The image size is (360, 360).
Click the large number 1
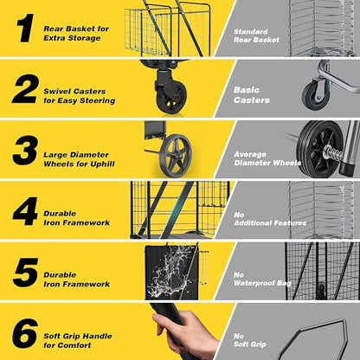click(25, 29)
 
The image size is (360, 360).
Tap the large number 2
click(25, 89)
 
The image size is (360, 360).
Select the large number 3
click(25, 151)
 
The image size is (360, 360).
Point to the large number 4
click(25, 211)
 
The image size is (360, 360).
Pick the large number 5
click(25, 273)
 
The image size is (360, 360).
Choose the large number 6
click(25, 333)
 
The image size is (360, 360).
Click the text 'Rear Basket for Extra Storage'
click(76, 33)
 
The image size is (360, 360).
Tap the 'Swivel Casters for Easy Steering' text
click(80, 96)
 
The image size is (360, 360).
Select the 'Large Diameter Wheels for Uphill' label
click(79, 159)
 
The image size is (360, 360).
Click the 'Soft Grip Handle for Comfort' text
click(78, 340)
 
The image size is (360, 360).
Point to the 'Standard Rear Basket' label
click(256, 35)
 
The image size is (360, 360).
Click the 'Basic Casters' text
click(252, 95)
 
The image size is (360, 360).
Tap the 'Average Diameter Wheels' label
click(267, 158)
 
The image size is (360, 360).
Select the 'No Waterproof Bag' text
click(262, 279)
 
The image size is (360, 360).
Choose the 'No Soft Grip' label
click(250, 340)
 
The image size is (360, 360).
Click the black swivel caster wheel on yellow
click(171, 97)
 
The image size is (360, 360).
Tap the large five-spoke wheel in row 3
click(176, 155)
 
